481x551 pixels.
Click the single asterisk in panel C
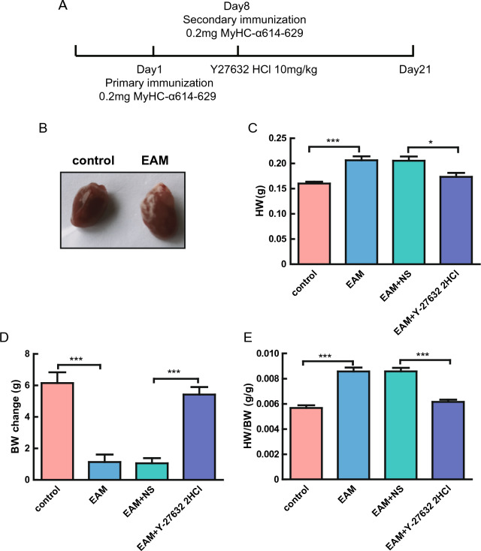(x=430, y=142)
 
